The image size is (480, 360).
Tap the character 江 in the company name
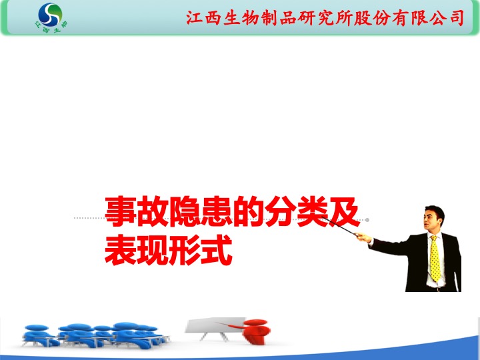pyautogui.click(x=195, y=18)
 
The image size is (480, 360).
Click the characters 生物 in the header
pyautogui.click(x=241, y=18)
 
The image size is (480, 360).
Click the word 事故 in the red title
pyautogui.click(x=136, y=211)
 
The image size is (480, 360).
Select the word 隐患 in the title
pyautogui.click(x=200, y=211)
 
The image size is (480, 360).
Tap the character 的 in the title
pyautogui.click(x=248, y=211)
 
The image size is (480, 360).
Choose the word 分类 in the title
pyautogui.click(x=296, y=211)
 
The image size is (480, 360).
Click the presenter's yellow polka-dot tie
pyautogui.click(x=435, y=259)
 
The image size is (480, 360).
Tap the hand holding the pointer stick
pyautogui.click(x=363, y=237)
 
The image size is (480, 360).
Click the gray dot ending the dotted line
pyautogui.click(x=367, y=220)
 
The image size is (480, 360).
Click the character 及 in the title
pyautogui.click(x=344, y=211)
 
